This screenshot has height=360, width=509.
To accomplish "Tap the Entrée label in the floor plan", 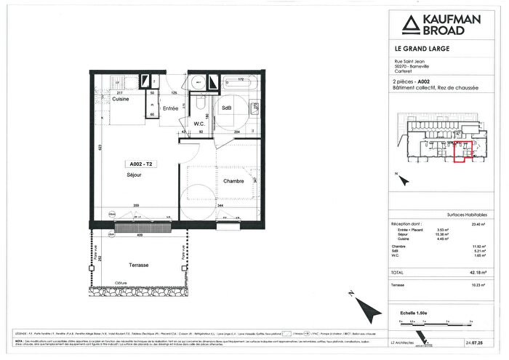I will pos(170,108).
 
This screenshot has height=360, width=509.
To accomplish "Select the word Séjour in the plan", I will pos(133,175).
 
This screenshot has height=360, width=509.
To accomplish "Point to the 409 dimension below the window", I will pos(139,235).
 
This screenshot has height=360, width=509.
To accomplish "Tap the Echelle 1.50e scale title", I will pos(413,312).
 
